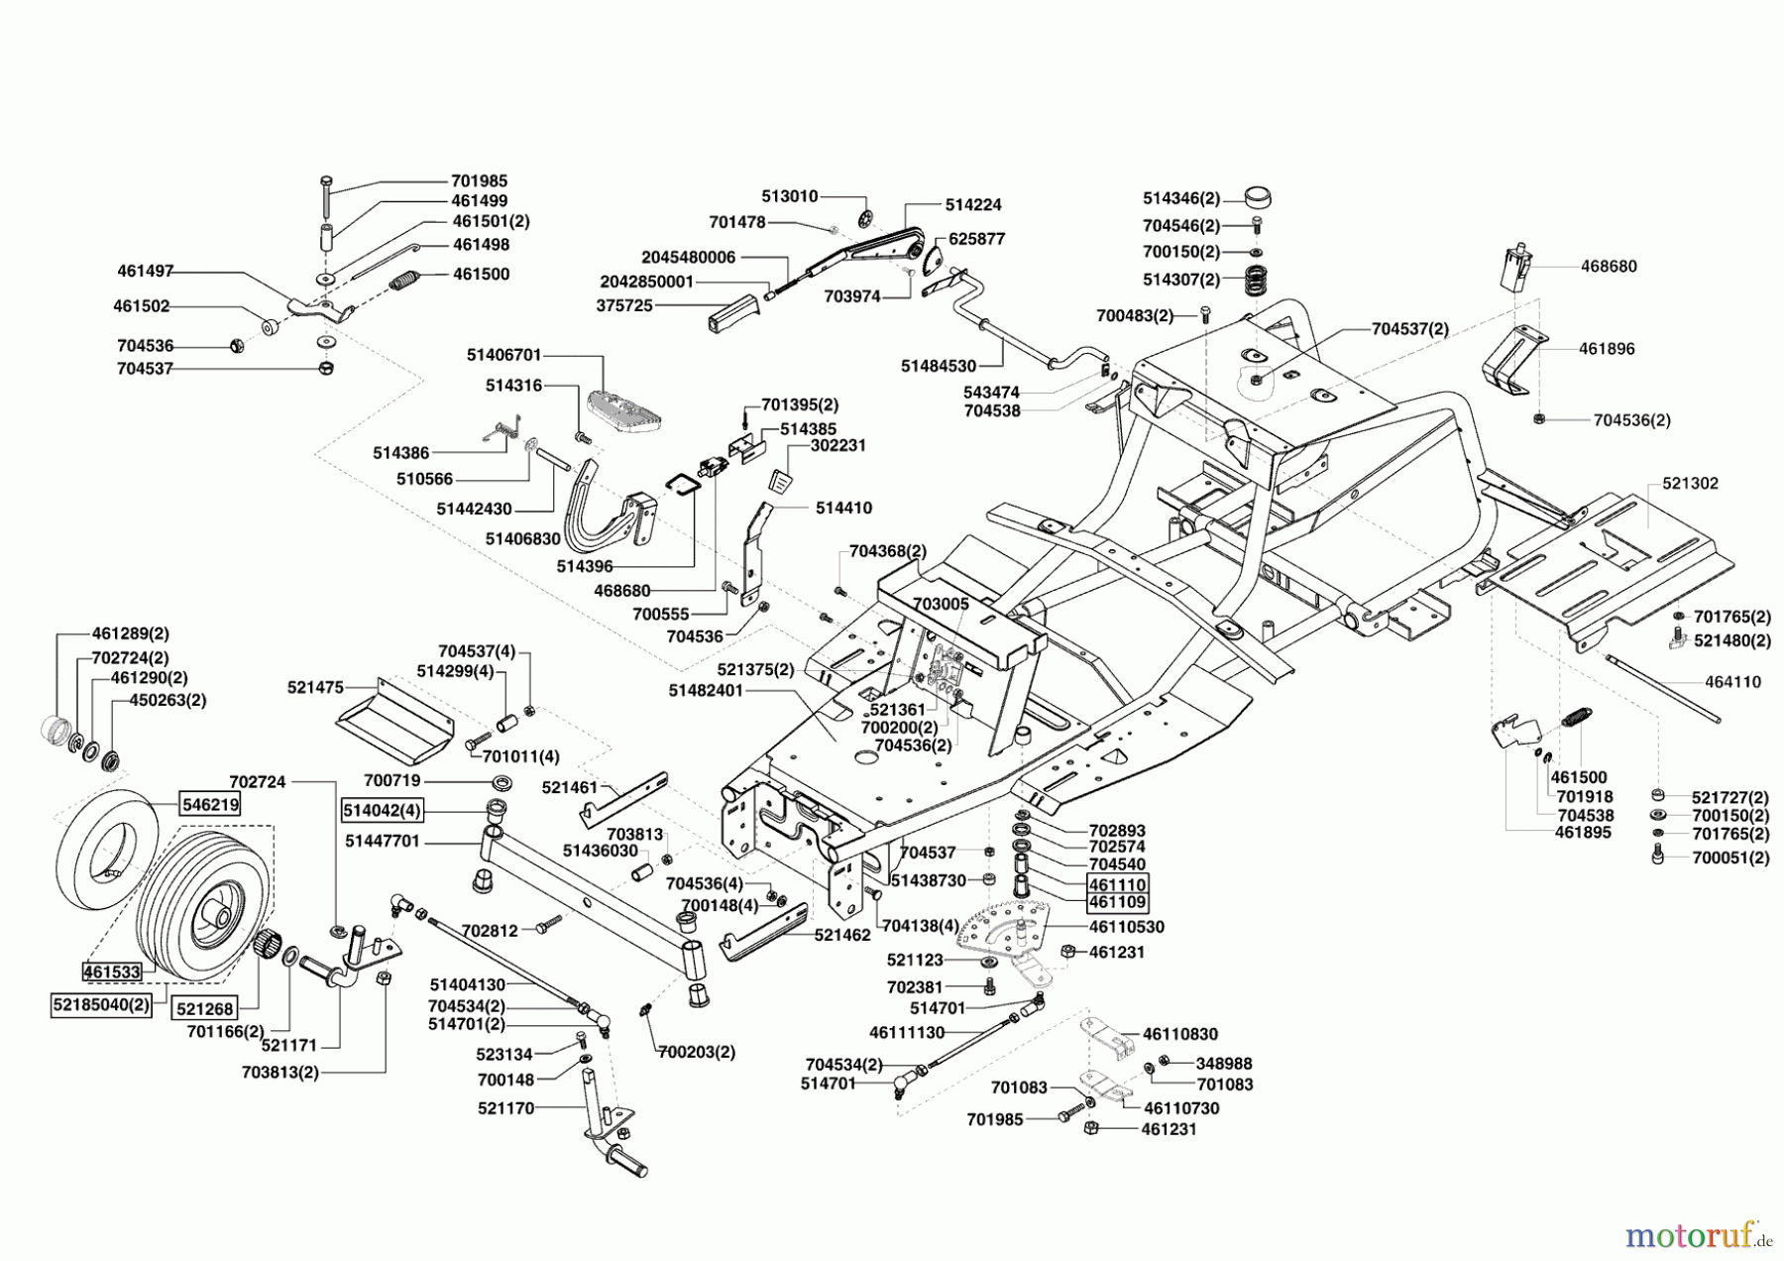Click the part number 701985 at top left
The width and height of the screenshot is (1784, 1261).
479,181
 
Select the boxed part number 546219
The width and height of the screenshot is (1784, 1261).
210,805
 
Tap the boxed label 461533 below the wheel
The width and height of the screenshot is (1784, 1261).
112,973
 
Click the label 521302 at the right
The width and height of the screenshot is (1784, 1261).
1690,484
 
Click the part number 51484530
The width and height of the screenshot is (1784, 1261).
939,366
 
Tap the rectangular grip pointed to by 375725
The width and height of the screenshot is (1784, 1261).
727,316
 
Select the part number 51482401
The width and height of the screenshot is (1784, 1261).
706,690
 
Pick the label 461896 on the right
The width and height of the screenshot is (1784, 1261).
1607,349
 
